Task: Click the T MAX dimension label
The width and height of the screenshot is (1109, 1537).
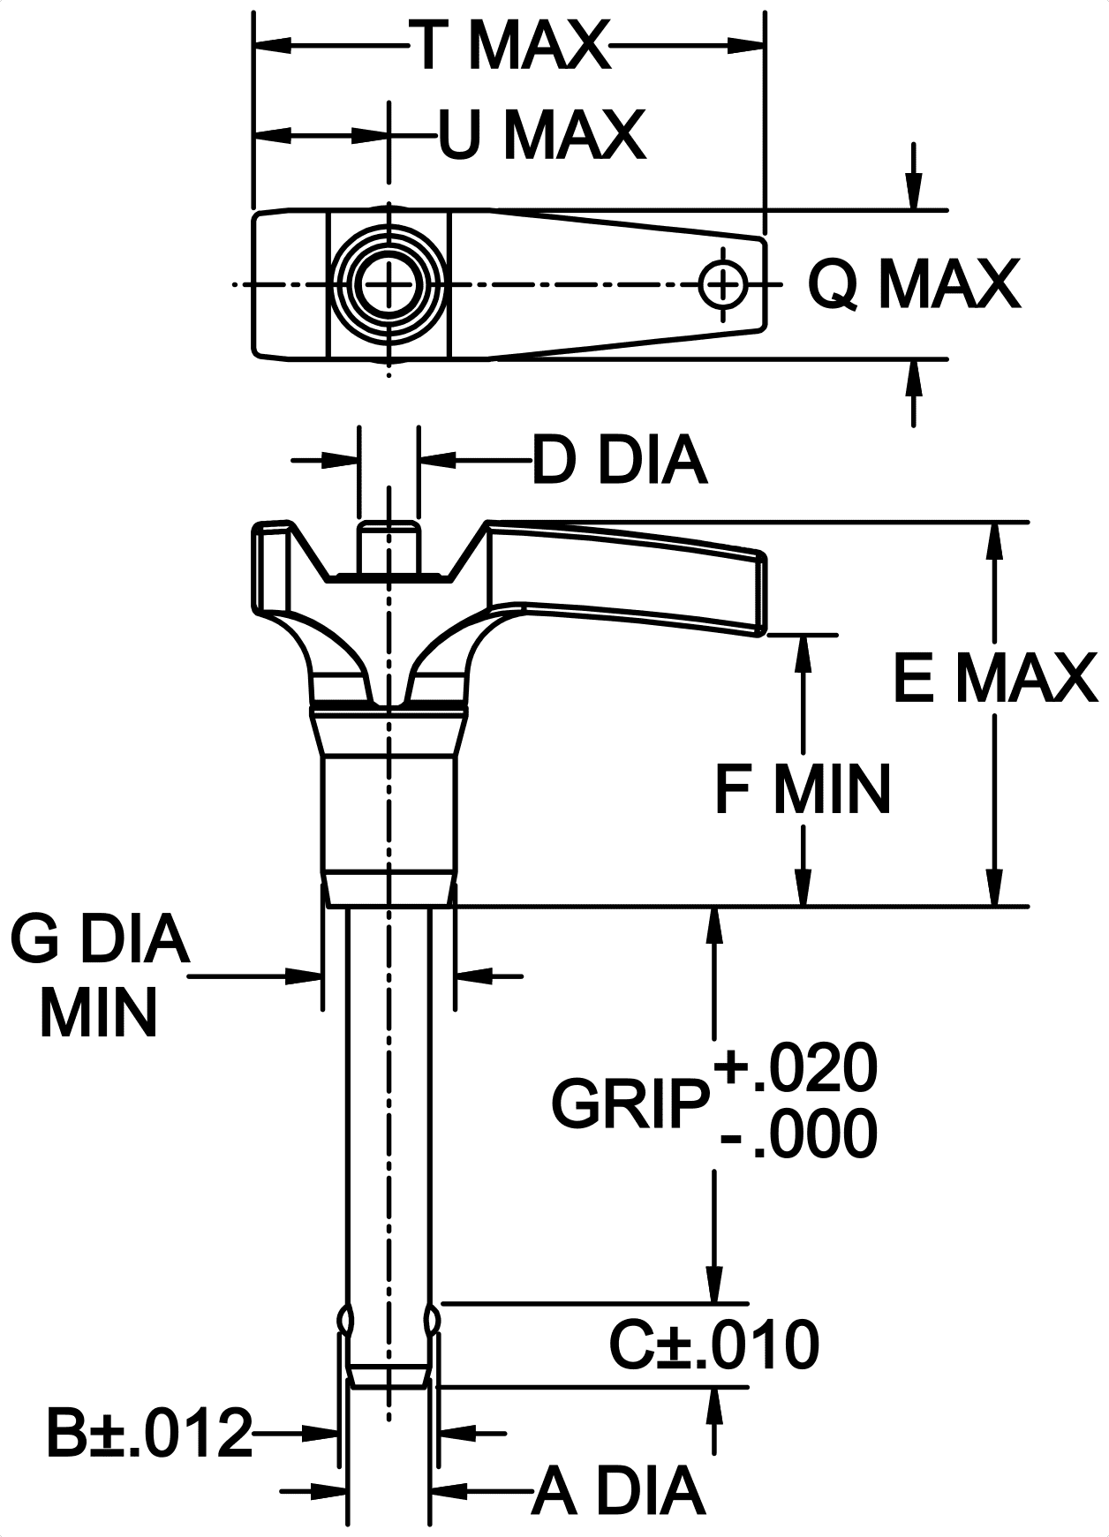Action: pos(513,46)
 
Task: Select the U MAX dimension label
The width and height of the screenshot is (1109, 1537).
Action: pos(542,135)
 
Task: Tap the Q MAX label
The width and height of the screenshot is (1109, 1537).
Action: pos(914,284)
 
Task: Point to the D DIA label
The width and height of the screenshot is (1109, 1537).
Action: pos(619,460)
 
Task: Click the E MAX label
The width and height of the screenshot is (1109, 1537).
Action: pos(995,679)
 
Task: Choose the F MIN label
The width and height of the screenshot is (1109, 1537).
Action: pos(802,789)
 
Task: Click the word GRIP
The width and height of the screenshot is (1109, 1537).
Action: pos(630,1104)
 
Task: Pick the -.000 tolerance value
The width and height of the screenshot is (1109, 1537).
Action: pos(799,1134)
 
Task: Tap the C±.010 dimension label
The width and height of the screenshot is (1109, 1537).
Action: pos(713,1345)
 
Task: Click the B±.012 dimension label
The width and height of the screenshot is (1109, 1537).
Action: pos(149,1433)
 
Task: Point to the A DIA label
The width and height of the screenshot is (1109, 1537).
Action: pos(618,1491)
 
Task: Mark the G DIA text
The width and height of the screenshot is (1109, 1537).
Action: pos(100,938)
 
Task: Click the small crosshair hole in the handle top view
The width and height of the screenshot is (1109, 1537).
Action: pos(723,284)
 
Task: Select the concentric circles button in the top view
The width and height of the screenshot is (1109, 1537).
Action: pos(389,284)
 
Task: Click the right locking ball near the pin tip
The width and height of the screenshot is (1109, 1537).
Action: pos(432,1320)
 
